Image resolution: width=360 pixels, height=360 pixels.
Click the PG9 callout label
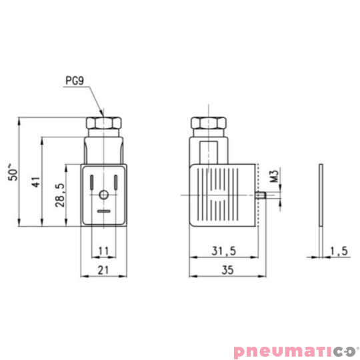pos(75,81)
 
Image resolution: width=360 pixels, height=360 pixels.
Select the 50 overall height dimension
pos(13,172)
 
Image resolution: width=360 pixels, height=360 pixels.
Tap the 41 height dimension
pos(36,182)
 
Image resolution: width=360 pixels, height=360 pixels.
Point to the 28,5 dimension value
pos(61,195)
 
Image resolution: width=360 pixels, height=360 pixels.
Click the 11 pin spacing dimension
pos(103,251)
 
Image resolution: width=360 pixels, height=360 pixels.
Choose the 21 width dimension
pos(103,270)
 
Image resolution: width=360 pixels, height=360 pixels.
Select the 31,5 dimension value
pos(223,251)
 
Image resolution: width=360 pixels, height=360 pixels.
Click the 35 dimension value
pos(227,270)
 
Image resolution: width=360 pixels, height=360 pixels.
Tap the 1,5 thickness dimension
pos(339,251)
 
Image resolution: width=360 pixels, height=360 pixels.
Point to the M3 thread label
pos(274,175)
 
